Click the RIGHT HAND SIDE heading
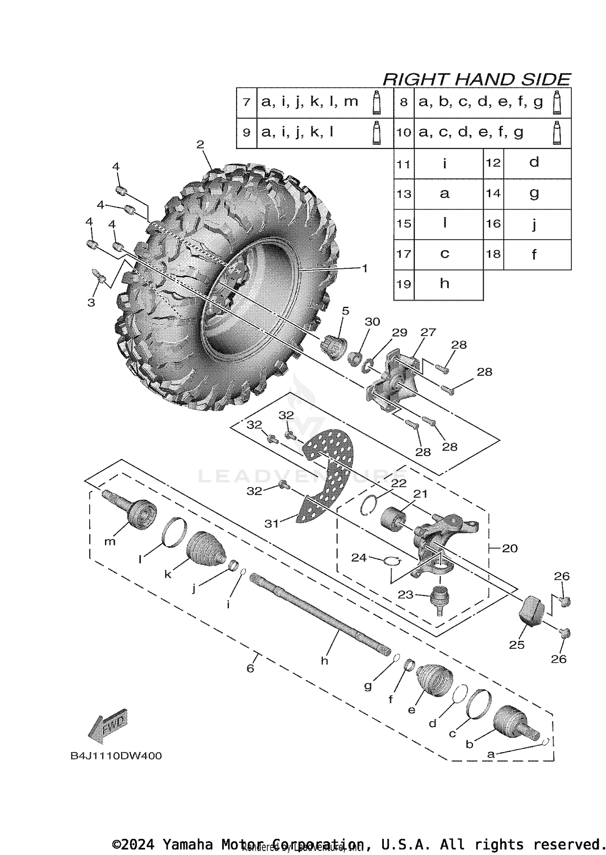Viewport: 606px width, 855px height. [x=477, y=79]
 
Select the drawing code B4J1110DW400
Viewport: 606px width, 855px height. [x=116, y=756]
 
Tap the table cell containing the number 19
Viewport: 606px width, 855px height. [x=404, y=284]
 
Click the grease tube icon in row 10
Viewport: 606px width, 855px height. [x=557, y=133]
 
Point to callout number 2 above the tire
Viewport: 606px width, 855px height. [x=200, y=144]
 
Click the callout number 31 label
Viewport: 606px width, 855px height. [x=271, y=524]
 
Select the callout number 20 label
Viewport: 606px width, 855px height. [x=509, y=548]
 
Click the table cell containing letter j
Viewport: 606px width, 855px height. [x=534, y=224]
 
